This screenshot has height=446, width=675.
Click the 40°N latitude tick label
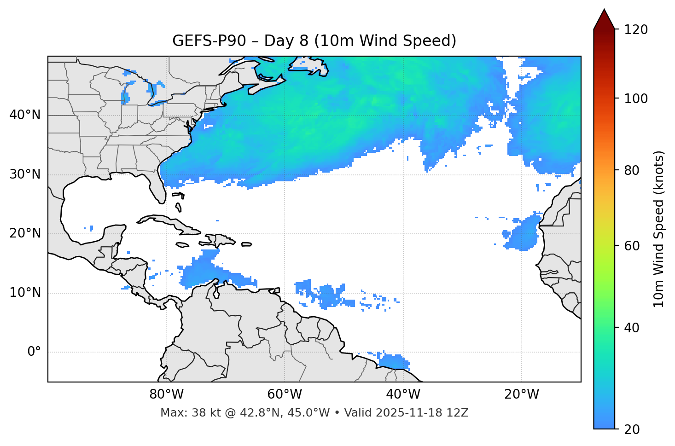(25, 115)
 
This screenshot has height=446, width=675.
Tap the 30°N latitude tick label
(25, 174)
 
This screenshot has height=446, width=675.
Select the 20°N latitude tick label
(25, 233)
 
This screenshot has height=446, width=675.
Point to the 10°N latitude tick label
(25, 293)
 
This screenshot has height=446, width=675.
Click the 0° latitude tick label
(34, 352)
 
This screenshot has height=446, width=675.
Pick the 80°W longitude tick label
(166, 394)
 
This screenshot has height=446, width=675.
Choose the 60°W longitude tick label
(285, 394)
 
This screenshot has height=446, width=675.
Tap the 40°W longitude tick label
(403, 394)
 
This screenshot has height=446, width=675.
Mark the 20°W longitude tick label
(522, 394)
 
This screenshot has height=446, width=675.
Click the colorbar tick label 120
(636, 29)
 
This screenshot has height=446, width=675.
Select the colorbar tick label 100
(636, 98)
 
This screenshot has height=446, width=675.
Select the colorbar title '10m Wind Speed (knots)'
(659, 229)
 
